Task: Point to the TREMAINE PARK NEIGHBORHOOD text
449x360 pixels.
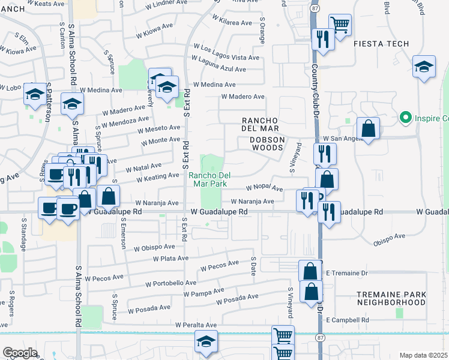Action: click(391, 299)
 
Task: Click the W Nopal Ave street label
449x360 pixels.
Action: click(264, 188)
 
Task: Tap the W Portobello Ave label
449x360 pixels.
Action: click(170, 283)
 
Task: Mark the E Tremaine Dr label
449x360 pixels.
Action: click(346, 273)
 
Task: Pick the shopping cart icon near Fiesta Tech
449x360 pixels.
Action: click(340, 25)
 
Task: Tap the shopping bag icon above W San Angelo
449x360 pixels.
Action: click(368, 128)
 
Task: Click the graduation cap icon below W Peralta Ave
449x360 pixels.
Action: click(206, 342)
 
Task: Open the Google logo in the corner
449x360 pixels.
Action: click(20, 353)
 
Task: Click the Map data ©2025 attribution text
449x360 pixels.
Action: click(423, 355)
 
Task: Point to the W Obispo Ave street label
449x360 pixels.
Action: click(154, 247)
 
